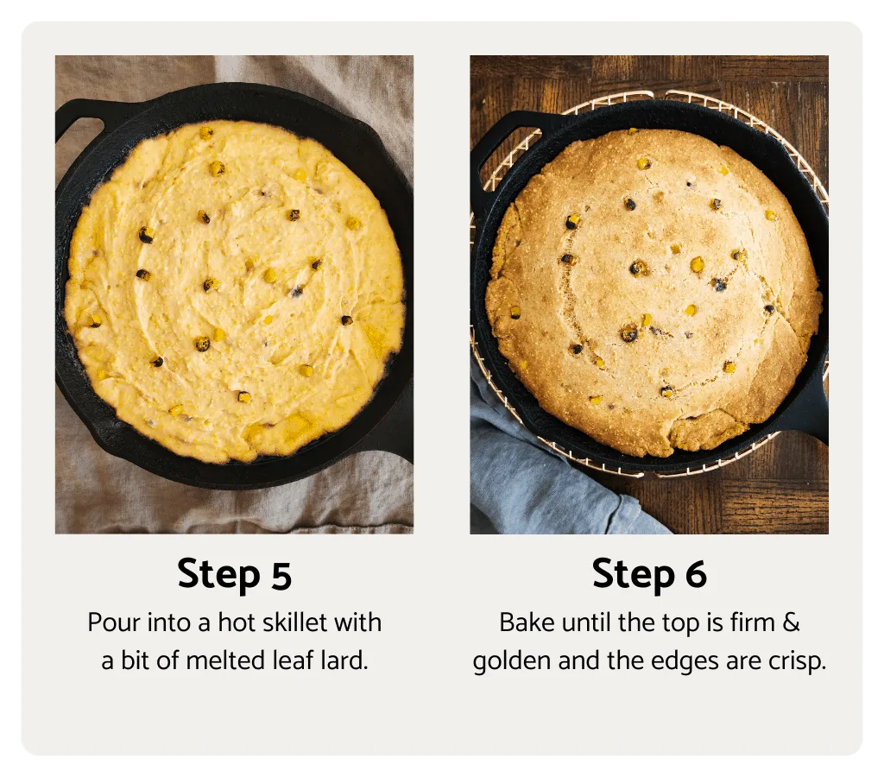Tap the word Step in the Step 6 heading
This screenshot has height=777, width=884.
tap(633, 575)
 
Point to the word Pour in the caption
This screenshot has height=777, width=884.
tap(110, 622)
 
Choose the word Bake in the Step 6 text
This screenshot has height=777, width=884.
tap(523, 622)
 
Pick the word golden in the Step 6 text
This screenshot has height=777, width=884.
tap(512, 662)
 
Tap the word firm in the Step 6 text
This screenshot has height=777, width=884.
tap(751, 622)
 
